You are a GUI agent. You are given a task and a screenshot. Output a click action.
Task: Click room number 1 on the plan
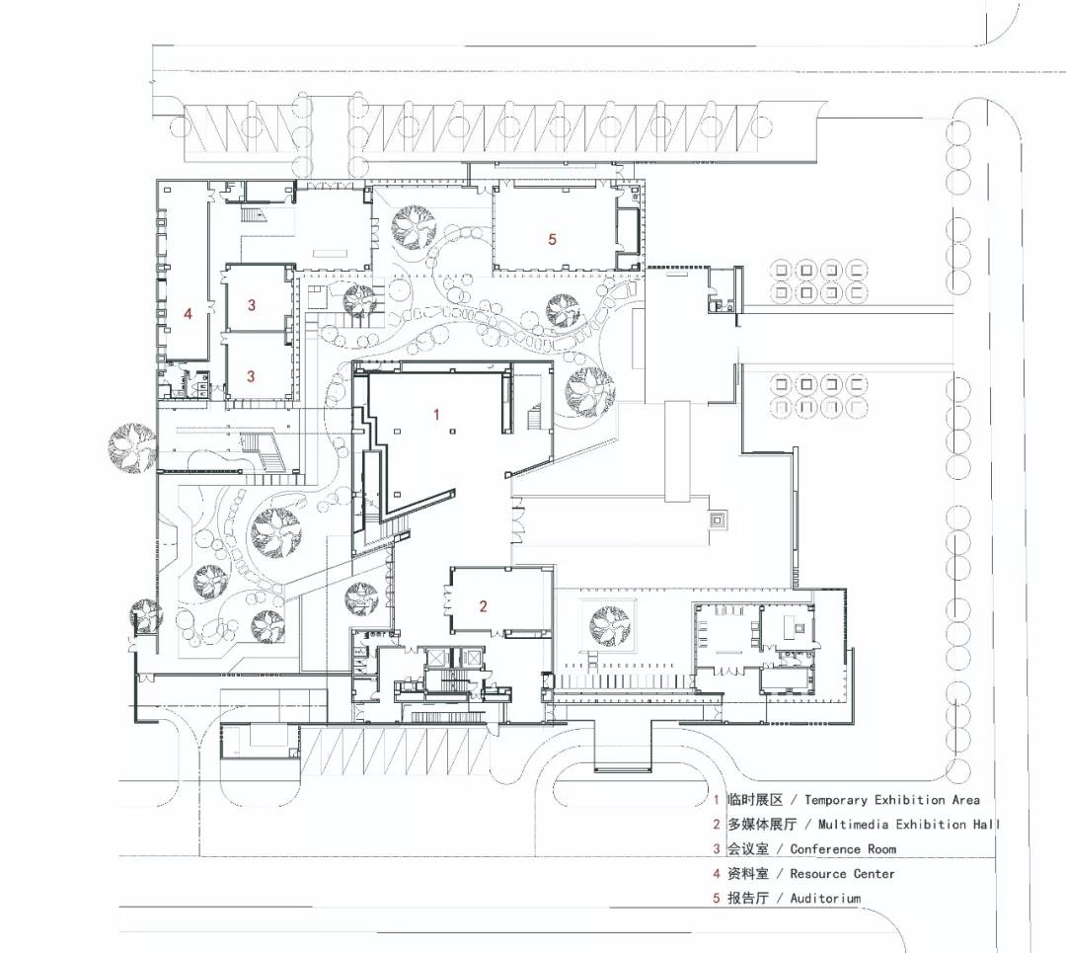(x=436, y=414)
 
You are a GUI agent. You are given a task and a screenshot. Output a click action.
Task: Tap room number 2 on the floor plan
(x=484, y=606)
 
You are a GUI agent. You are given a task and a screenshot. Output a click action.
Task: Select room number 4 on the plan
(x=189, y=314)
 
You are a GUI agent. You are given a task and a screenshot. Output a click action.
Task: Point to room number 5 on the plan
(x=552, y=239)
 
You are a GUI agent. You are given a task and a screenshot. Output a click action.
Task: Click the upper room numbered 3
(x=252, y=305)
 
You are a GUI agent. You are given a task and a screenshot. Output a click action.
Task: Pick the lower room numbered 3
(x=251, y=375)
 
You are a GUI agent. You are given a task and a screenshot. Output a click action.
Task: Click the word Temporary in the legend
(x=836, y=801)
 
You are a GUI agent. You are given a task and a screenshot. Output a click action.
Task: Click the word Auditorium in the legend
(x=825, y=898)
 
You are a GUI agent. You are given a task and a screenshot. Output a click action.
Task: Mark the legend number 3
(x=717, y=849)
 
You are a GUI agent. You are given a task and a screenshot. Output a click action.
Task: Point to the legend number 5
(x=717, y=898)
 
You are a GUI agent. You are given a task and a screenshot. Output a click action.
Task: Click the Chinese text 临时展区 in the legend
(x=755, y=800)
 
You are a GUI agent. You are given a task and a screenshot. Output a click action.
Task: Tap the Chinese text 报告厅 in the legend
(x=748, y=898)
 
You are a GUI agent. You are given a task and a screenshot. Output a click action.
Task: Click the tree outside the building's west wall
(x=132, y=447)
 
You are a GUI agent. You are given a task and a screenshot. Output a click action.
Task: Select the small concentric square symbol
(x=718, y=521)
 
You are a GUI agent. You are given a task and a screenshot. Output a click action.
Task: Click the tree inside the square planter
(x=609, y=625)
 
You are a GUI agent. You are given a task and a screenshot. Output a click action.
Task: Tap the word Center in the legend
(x=875, y=873)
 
